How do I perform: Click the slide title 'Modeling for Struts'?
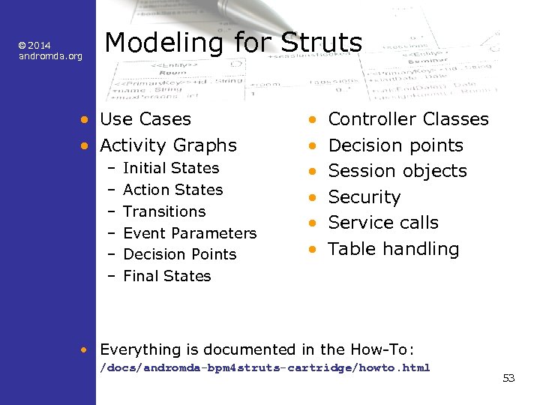point(233,43)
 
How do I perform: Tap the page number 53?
point(508,378)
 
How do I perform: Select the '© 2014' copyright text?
point(34,46)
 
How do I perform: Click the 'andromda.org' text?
point(50,56)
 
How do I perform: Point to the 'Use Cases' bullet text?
point(145,119)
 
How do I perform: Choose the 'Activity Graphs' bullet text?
point(168,145)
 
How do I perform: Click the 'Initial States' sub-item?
point(171,169)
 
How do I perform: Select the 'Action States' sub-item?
point(172,190)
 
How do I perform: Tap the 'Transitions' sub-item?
point(164,211)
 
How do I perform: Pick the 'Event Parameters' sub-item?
point(190,233)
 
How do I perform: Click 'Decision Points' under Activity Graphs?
point(179,254)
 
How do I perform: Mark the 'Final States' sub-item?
point(167,276)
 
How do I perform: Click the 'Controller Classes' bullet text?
point(409,119)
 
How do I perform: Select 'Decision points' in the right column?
point(396,145)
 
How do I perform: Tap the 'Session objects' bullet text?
point(397,171)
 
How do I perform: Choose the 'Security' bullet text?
point(364,197)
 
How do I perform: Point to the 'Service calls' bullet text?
point(383,223)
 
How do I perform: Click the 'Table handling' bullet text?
point(394,249)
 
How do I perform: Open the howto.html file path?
point(265,367)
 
